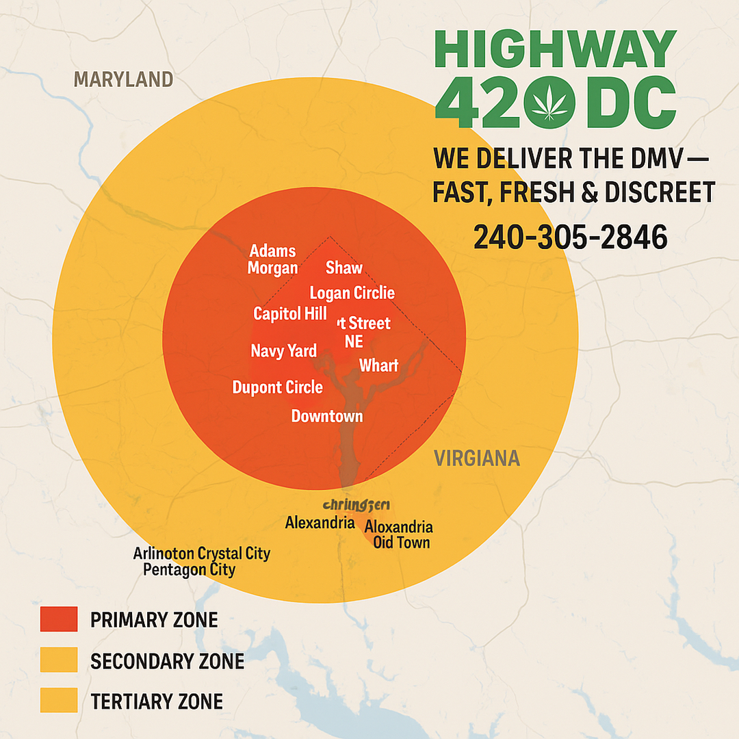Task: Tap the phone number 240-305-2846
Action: coord(570,237)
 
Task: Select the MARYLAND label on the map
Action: coord(123,79)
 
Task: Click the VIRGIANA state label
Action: coord(477,458)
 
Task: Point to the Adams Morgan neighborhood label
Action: coord(272,259)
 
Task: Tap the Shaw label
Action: coord(344,268)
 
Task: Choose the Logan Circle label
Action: coord(352,294)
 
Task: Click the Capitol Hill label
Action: coord(289,314)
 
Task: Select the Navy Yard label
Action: coord(283,351)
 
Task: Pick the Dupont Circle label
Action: coord(277,387)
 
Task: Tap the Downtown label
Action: coord(326,416)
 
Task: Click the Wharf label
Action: coord(378,365)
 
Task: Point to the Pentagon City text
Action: coord(189,570)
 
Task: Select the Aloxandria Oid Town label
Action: coord(398,535)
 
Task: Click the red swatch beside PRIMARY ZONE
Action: coord(58,619)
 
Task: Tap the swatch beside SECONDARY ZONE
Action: coord(58,660)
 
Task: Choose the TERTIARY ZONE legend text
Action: coord(157,701)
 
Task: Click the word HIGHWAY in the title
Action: coord(554,49)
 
